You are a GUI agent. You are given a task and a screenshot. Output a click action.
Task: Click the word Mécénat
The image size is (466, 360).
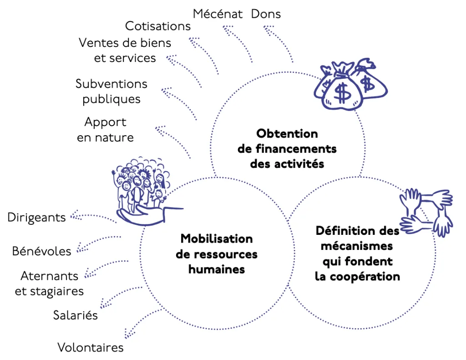pos(218,14)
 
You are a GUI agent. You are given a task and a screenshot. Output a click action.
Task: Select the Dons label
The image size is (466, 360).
pos(266,14)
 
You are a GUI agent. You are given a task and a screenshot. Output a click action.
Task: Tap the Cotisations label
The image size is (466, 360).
pos(158,26)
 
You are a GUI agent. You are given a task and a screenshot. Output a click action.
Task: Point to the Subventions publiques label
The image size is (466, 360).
pos(111,91)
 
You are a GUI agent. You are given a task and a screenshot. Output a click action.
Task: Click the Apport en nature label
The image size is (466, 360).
pos(105,130)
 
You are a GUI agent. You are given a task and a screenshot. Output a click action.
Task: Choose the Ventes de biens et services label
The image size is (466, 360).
pos(125,51)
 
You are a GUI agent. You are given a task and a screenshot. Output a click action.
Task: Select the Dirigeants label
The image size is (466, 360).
pos(37,218)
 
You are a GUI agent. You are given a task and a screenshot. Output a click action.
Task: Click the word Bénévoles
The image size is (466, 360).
pos(42,251)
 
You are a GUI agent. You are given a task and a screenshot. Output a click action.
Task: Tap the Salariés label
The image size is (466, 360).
pos(76,315)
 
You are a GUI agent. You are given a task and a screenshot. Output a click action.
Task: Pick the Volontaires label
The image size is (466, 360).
pos(91,348)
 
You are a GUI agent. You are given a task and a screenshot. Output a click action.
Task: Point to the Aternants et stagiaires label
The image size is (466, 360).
pos(50,283)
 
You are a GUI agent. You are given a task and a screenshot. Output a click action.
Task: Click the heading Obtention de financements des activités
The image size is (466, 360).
pos(287,148)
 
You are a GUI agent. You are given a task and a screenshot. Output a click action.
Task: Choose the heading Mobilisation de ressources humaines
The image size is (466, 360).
pos(217,254)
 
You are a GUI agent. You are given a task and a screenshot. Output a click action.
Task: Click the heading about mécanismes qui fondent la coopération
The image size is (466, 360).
pos(357,253)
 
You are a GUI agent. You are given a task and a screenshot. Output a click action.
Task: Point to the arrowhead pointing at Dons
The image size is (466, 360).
pos(268,31)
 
